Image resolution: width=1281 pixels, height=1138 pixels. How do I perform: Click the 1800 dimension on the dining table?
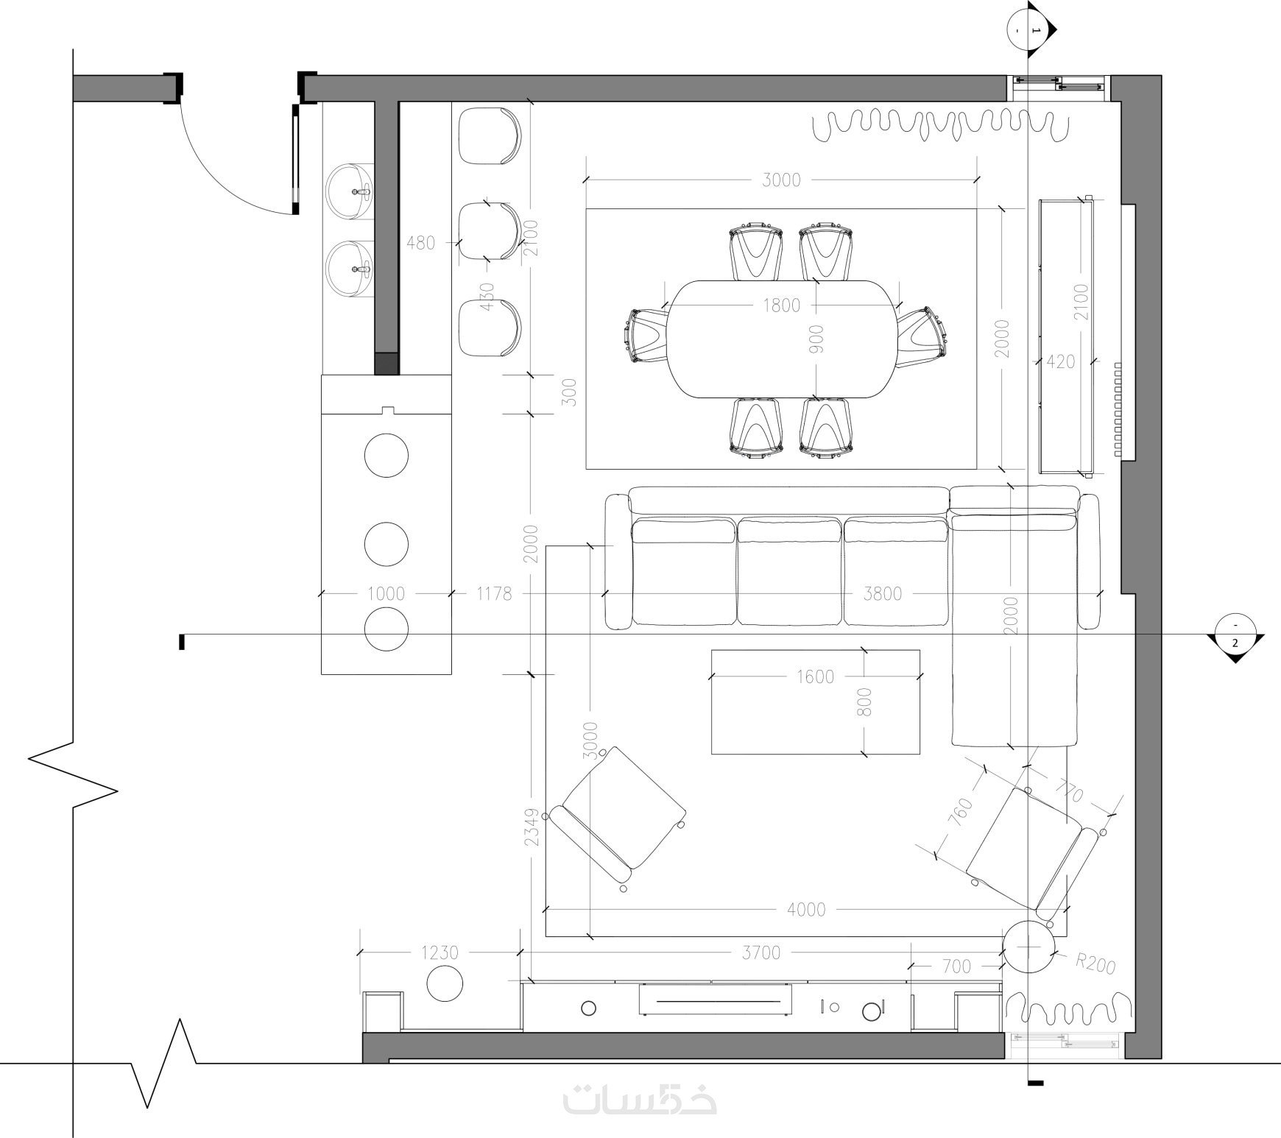click(781, 305)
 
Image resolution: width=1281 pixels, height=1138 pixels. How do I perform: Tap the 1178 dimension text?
click(494, 593)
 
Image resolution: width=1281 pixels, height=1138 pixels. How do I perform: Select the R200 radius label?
click(1095, 964)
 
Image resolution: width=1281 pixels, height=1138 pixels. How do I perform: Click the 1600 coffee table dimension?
click(815, 676)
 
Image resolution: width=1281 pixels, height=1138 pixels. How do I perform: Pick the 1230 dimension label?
click(440, 953)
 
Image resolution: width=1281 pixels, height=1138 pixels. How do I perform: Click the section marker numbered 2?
click(1235, 637)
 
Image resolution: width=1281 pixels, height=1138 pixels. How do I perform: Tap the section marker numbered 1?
click(1031, 29)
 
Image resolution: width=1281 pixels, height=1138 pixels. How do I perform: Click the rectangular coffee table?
click(816, 702)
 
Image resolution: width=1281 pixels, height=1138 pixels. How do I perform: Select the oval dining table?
click(783, 339)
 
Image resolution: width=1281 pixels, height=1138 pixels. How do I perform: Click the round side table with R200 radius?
click(1029, 947)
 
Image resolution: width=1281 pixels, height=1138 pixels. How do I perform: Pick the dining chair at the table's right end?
click(920, 336)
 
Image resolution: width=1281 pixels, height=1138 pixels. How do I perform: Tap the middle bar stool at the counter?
click(490, 231)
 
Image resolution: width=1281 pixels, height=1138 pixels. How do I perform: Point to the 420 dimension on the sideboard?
click(1060, 361)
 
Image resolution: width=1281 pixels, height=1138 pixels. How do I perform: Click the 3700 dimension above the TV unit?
click(761, 953)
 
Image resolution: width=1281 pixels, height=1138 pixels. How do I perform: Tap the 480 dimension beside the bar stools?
click(420, 242)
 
